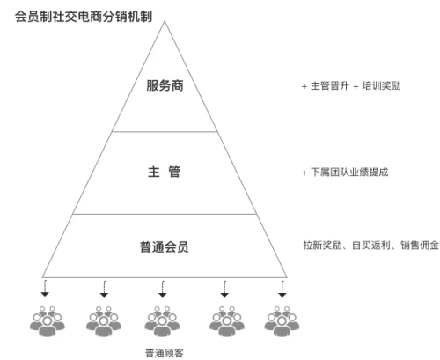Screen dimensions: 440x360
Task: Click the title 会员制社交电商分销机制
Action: [84, 17]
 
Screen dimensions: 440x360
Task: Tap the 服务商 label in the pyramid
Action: [165, 85]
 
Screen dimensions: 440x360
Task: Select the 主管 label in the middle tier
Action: [164, 172]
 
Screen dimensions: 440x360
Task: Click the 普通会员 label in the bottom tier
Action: [164, 246]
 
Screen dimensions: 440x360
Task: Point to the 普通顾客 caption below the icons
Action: [165, 353]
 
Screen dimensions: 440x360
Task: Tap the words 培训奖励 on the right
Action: [381, 86]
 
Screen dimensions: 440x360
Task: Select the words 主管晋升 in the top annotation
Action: [330, 86]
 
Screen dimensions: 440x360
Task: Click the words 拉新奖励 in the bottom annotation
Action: [322, 245]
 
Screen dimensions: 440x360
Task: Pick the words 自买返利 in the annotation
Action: [371, 245]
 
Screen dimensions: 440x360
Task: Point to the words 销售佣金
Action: [420, 245]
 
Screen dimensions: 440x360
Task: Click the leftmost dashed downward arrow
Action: [45, 289]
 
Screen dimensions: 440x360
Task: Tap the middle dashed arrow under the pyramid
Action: [163, 289]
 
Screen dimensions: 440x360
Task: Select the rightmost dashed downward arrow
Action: [282, 289]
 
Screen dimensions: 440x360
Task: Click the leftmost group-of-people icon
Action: [48, 321]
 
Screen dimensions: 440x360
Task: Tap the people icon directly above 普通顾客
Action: [162, 321]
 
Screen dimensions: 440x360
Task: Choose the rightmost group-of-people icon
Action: [282, 321]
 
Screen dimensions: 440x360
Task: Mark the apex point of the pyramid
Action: [165, 21]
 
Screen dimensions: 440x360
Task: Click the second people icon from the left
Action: [104, 321]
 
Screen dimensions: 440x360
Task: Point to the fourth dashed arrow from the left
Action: [224, 289]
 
